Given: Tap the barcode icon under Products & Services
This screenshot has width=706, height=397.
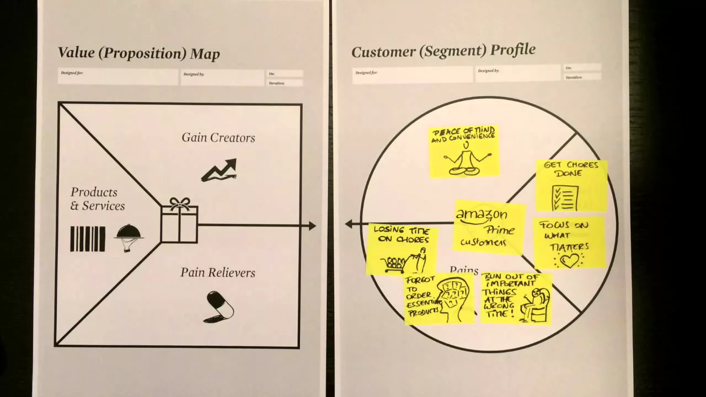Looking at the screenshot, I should click(x=88, y=239).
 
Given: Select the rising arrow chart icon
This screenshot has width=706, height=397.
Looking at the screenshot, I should click(x=219, y=170).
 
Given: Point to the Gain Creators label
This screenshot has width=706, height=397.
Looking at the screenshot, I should click(x=218, y=138).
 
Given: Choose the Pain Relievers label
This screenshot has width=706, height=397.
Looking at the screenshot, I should click(x=218, y=272).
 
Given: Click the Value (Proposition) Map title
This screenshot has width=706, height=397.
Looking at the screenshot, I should click(x=139, y=53).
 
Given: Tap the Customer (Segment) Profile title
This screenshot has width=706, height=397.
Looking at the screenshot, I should click(x=443, y=51).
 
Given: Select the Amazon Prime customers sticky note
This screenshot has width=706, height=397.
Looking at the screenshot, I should click(x=489, y=227).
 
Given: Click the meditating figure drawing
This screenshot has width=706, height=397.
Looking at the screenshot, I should click(x=466, y=160).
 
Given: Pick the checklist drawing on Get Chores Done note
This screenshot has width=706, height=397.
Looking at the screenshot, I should click(x=565, y=197).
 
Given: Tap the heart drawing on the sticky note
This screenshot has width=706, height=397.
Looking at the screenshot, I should click(x=569, y=260).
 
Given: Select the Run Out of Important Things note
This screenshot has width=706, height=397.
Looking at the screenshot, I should click(x=515, y=298).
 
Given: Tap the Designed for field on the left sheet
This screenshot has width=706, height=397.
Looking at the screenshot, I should click(x=118, y=77).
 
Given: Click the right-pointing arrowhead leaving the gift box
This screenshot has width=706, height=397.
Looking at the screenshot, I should click(x=312, y=226).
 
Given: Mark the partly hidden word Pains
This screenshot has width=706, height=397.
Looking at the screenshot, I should click(x=464, y=270).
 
